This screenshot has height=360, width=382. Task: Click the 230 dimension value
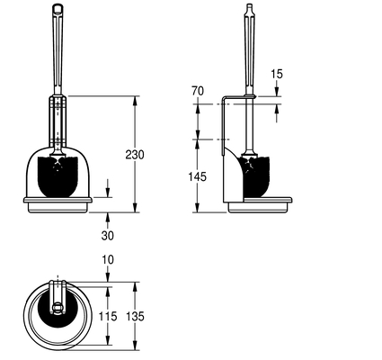tap(135, 155)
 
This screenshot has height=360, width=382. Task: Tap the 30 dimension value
tap(108, 236)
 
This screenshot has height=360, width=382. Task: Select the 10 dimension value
tap(108, 259)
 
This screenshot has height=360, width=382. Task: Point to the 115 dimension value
tap(108, 316)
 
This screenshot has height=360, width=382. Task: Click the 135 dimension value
tap(135, 316)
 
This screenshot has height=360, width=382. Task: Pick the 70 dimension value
tap(198, 91)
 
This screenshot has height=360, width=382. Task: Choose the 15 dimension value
tap(277, 74)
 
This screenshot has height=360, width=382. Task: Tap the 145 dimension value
tap(198, 176)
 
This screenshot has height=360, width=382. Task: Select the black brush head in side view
tap(256, 176)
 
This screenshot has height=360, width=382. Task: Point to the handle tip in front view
tap(58, 7)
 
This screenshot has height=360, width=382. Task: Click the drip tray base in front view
tap(58, 204)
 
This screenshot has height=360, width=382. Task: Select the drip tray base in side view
tap(260, 204)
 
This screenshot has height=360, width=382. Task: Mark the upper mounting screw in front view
tap(58, 105)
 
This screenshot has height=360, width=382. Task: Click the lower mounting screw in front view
tap(58, 140)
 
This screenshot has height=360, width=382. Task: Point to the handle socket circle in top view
tap(57, 307)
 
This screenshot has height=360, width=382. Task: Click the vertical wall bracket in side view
tap(223, 125)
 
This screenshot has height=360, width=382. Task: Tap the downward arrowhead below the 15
tap(276, 91)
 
